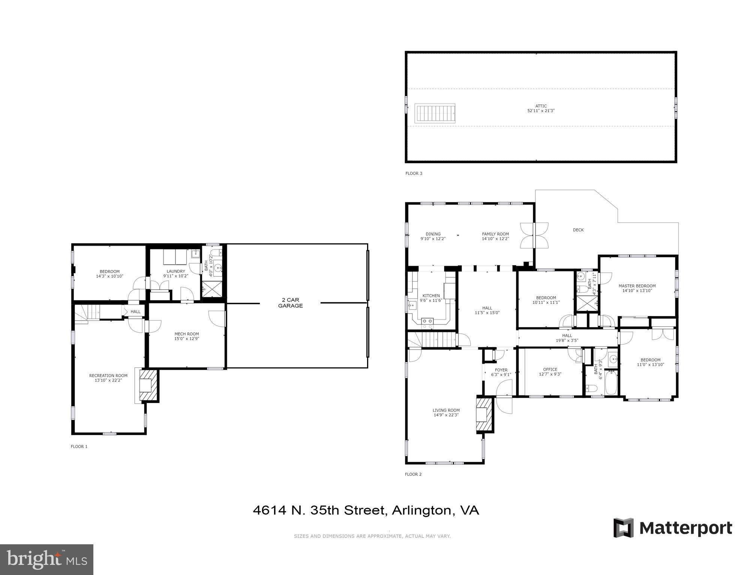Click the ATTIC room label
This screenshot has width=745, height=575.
tap(541, 106)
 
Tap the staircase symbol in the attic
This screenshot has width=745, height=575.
tap(435, 113)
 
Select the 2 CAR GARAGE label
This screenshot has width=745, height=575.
tap(290, 303)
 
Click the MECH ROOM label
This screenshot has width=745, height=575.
tap(186, 334)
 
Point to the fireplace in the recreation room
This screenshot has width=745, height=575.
tap(147, 385)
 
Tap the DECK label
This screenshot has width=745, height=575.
tap(578, 230)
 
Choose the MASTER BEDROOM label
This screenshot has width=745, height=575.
tap(637, 286)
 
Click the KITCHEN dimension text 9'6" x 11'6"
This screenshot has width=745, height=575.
tap(431, 300)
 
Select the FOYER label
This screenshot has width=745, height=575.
tap(501, 370)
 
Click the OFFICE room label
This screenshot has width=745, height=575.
tap(550, 369)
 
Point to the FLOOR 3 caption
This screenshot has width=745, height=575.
tap(414, 173)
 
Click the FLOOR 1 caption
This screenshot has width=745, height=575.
tap(79, 447)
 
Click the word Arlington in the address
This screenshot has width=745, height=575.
tap(421, 511)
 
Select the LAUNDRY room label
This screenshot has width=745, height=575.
tap(175, 271)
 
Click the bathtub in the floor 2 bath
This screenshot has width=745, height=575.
tap(611, 382)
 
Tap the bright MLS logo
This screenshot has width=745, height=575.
tap(46, 559)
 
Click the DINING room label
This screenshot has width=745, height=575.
tap(433, 234)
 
